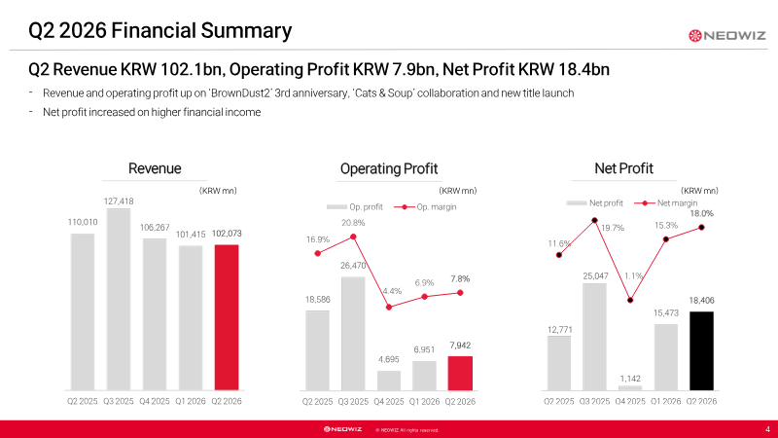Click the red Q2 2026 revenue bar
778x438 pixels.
(x=227, y=317)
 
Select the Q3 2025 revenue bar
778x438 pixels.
(x=119, y=300)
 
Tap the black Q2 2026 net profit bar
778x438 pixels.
(x=701, y=351)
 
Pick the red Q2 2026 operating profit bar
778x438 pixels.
(x=460, y=374)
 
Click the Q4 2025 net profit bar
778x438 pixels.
(x=630, y=387)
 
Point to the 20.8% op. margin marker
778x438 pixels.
(x=353, y=237)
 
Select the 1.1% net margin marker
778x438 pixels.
(x=630, y=301)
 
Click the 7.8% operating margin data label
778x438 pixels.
(x=460, y=279)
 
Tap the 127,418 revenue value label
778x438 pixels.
(x=119, y=201)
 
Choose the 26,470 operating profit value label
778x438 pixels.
(x=353, y=266)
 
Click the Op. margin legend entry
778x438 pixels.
(x=425, y=207)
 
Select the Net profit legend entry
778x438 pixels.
(x=594, y=203)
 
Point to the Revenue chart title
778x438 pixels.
(x=155, y=168)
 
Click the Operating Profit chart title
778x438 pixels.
(x=389, y=168)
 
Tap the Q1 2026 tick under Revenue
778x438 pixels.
(x=191, y=401)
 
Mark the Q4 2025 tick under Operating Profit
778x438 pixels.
(x=389, y=401)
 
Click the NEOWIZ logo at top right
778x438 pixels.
(x=727, y=36)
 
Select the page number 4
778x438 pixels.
(x=767, y=429)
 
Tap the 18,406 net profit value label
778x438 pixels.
(x=701, y=301)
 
